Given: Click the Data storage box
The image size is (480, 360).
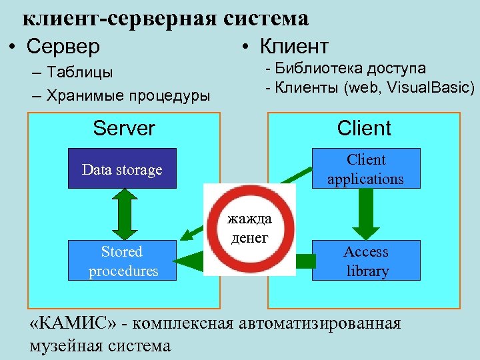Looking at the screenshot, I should click(123, 169).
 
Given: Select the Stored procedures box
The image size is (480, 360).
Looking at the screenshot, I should click(123, 261).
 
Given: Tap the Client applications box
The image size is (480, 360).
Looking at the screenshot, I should click(366, 169).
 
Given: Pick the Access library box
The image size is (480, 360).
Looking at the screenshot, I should click(366, 261).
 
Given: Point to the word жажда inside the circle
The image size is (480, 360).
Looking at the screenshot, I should click(249, 219).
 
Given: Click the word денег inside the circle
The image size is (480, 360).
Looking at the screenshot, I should click(249, 237).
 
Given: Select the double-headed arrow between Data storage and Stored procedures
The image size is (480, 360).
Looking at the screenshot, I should click(123, 214).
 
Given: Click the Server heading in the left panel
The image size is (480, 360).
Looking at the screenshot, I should click(124, 128).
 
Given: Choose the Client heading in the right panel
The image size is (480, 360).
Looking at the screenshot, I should click(364, 128).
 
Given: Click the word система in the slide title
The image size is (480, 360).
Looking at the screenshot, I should click(266, 18).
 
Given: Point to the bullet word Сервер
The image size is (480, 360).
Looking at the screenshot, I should click(63, 47).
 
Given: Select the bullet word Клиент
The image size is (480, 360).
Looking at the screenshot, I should click(293, 47).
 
